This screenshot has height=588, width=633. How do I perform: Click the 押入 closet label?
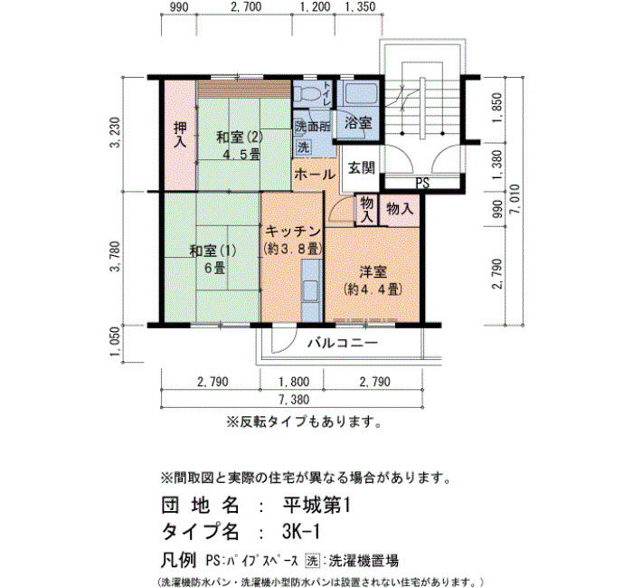(180, 136)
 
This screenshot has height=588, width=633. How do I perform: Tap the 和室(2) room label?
(240, 138)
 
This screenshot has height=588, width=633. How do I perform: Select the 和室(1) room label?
(213, 251)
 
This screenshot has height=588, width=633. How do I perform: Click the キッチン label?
(293, 232)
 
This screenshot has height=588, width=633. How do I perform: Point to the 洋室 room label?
(373, 272)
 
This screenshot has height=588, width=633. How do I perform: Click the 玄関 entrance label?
(362, 168)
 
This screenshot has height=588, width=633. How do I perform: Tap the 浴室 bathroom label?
(358, 123)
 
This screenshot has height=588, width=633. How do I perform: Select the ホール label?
(315, 175)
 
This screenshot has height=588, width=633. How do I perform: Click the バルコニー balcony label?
(343, 343)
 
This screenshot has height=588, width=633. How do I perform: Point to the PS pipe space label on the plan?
(422, 184)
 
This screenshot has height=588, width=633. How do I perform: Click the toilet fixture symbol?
(307, 95)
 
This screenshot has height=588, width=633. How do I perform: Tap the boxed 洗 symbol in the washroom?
(303, 147)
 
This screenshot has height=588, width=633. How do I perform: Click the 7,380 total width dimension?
(294, 400)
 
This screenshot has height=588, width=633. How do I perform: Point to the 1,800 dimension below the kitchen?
(294, 382)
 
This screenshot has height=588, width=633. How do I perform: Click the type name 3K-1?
(301, 532)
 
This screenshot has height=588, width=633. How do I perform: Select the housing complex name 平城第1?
(316, 505)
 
